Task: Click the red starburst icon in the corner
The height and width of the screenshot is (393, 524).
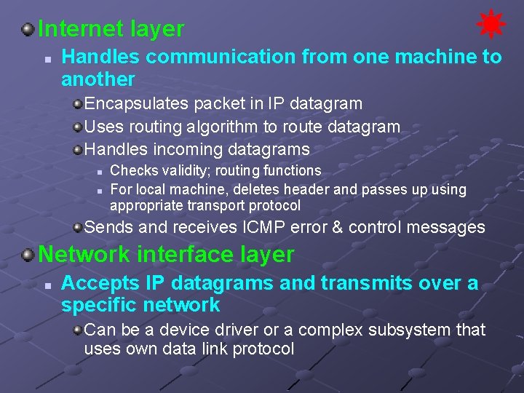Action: coord(491,24)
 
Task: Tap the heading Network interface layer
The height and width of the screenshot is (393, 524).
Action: coord(166,255)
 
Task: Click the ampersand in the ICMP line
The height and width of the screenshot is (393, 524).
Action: coord(337,227)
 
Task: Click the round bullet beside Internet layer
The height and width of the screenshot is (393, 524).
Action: coord(28,29)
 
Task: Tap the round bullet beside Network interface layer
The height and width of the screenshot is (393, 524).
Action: coord(28,255)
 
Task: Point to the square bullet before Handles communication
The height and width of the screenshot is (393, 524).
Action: coord(46,57)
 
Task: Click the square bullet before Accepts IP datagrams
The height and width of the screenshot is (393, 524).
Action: coord(46,284)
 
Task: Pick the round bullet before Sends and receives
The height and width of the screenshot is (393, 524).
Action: coord(76,227)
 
